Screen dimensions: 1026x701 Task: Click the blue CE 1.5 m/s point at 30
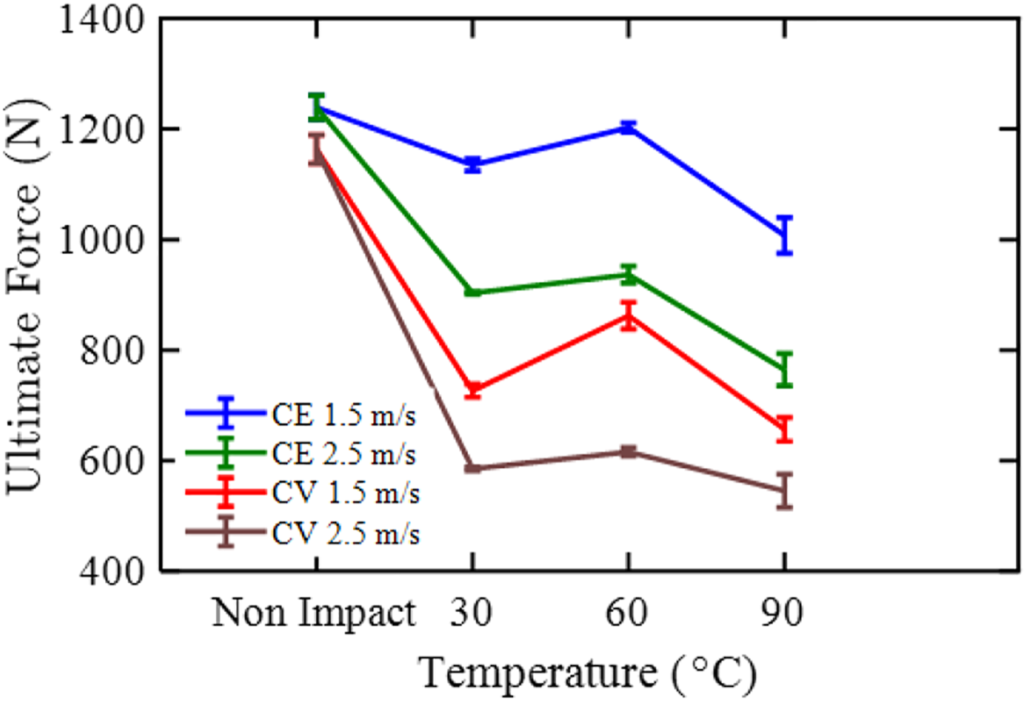click(472, 164)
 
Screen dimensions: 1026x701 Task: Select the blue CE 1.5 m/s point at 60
click(628, 127)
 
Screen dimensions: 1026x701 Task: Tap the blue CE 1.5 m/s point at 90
click(785, 235)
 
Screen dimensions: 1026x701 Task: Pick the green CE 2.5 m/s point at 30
click(472, 292)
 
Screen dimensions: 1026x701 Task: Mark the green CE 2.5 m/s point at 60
click(628, 275)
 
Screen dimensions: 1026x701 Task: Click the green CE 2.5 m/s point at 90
click(785, 370)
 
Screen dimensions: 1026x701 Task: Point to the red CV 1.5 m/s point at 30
click(472, 390)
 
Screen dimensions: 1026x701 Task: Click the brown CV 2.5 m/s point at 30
click(472, 468)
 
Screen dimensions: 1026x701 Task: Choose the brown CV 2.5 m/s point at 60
click(628, 452)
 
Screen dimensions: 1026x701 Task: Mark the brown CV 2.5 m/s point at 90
click(785, 490)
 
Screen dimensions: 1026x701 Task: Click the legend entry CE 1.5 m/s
click(301, 415)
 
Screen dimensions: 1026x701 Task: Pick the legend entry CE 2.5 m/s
click(301, 453)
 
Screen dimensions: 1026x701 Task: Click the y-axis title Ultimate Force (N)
click(24, 296)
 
